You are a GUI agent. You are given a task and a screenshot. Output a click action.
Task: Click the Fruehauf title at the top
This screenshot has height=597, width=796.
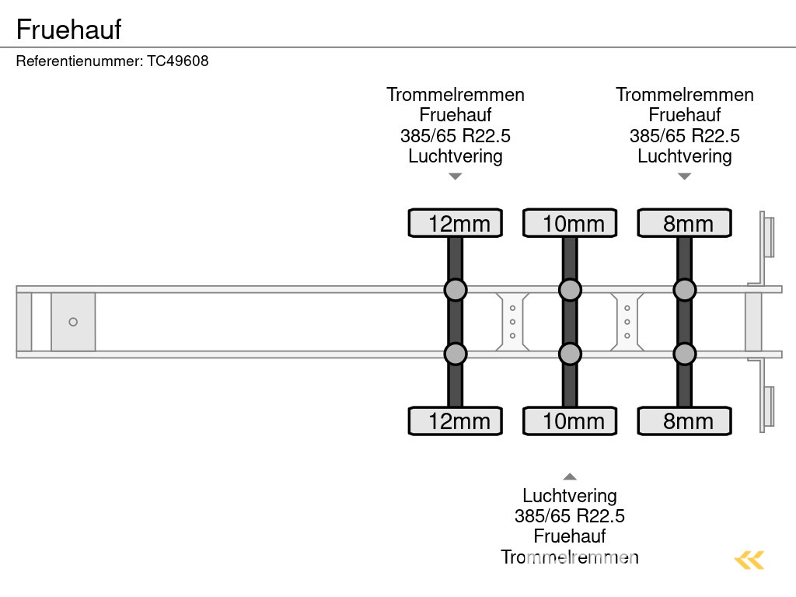tap(68, 30)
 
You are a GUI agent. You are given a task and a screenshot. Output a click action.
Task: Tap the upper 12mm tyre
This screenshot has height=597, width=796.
tap(456, 223)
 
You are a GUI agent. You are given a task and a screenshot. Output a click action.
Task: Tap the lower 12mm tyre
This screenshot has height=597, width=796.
tap(456, 421)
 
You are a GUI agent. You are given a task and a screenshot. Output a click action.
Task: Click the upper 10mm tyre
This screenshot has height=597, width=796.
tap(570, 223)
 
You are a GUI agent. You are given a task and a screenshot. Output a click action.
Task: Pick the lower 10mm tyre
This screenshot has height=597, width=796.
tap(570, 421)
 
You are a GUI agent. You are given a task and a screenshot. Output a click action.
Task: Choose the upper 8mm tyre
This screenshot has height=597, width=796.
tap(684, 223)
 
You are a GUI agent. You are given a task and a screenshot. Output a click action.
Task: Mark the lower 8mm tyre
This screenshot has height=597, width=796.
tap(684, 421)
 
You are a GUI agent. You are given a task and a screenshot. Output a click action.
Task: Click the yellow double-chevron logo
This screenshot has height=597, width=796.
tap(749, 560)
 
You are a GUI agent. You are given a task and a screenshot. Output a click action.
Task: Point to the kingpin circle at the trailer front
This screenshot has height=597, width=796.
tap(73, 322)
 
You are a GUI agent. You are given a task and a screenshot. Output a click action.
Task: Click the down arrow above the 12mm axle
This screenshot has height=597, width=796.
tap(456, 176)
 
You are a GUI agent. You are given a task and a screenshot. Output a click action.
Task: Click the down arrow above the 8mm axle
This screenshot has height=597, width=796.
tap(684, 176)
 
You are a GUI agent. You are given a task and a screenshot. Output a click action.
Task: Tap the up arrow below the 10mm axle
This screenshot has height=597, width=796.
tap(570, 477)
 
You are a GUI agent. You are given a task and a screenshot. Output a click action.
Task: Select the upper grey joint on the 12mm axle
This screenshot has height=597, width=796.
tap(456, 290)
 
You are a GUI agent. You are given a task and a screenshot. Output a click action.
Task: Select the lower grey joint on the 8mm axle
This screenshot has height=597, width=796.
tap(684, 354)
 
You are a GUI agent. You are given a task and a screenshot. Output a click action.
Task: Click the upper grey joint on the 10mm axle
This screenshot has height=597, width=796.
tap(570, 290)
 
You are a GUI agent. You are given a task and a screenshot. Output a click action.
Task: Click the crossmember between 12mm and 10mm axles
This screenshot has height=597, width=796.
tap(512, 322)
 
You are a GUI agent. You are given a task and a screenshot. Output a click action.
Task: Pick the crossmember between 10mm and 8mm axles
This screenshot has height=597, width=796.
tap(627, 322)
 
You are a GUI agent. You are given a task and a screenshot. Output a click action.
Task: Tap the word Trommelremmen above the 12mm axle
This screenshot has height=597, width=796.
tap(456, 95)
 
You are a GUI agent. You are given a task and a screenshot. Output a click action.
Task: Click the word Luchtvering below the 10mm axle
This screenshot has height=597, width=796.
tap(570, 496)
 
